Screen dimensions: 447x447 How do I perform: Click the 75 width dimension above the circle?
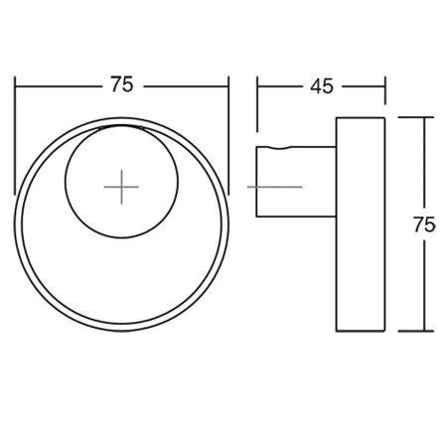click(121, 85)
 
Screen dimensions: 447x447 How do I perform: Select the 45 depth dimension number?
click(321, 85)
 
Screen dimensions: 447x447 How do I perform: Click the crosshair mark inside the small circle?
click(121, 186)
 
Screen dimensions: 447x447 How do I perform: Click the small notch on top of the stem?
click(287, 147)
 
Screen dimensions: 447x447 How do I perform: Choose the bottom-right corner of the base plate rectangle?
click(384, 332)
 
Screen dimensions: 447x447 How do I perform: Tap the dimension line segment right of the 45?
click(362, 85)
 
